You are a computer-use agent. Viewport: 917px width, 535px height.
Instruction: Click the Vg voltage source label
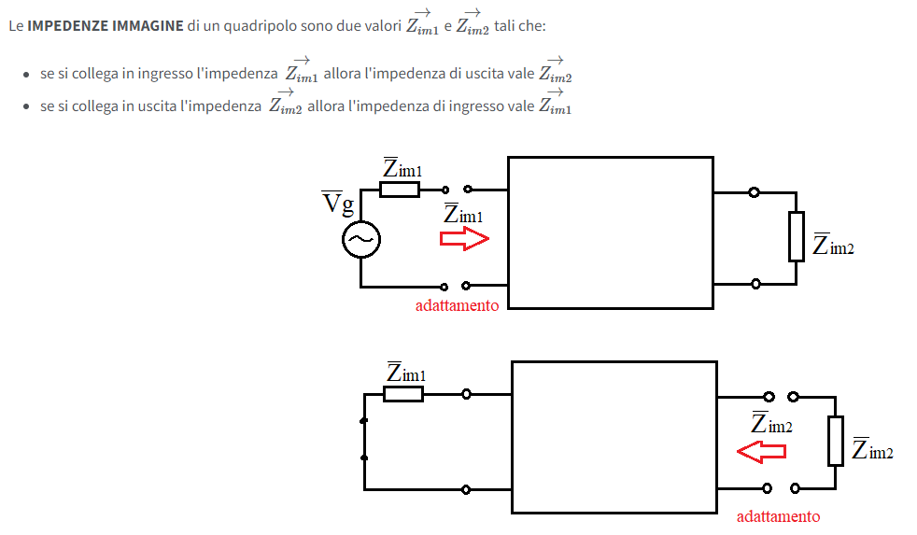(x=338, y=203)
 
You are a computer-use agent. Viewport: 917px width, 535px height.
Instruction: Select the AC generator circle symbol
(x=361, y=239)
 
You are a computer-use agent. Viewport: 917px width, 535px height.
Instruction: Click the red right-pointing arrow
(x=464, y=239)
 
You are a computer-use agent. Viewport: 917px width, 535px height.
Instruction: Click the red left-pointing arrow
(x=761, y=451)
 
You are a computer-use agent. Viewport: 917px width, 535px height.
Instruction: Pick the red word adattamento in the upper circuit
(x=457, y=305)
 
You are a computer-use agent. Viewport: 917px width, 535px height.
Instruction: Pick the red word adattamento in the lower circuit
(x=778, y=516)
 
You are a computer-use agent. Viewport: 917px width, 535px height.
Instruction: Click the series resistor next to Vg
(x=400, y=190)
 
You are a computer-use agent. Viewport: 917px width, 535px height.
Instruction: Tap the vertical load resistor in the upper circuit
(x=796, y=236)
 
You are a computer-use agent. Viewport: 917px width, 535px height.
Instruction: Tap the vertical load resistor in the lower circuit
(x=835, y=441)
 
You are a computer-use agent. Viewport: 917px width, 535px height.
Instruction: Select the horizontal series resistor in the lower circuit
(x=403, y=393)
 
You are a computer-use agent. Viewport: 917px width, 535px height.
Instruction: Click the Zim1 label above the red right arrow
(x=463, y=214)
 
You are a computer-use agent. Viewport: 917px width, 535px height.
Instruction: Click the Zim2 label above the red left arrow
(x=771, y=423)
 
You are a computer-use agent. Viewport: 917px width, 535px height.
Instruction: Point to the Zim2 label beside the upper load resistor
(x=833, y=245)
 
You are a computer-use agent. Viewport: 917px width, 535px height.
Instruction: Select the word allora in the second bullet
(x=324, y=106)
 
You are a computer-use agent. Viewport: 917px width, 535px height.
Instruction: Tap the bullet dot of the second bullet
(x=26, y=107)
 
